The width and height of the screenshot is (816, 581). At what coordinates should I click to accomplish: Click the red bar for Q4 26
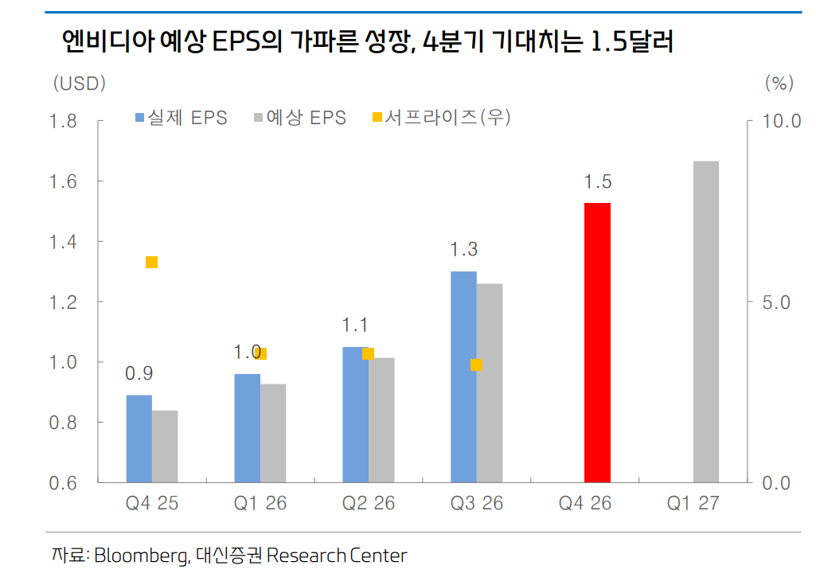click(597, 342)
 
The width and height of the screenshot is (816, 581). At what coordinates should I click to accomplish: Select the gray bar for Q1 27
click(705, 322)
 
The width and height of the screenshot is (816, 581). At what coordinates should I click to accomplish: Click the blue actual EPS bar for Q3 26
click(463, 376)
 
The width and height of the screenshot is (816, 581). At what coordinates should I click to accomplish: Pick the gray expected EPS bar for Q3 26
click(490, 383)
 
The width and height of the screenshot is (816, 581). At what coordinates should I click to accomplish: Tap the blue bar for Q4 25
click(139, 439)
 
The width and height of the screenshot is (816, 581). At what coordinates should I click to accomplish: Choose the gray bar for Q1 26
click(273, 433)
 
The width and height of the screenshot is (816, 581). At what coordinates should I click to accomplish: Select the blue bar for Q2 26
click(355, 414)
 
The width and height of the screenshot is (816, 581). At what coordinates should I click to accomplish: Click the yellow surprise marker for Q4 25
click(151, 263)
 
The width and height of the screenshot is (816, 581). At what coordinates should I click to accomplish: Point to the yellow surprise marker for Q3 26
click(476, 365)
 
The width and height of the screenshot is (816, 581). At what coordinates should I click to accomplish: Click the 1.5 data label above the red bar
click(597, 182)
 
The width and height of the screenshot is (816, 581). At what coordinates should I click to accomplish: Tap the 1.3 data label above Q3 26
click(463, 250)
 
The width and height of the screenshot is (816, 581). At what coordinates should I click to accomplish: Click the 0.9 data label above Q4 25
click(139, 373)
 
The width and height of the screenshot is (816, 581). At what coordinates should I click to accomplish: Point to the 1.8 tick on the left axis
click(63, 122)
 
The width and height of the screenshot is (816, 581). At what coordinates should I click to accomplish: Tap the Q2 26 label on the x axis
click(369, 504)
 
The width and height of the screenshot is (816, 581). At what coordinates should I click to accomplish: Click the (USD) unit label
click(79, 83)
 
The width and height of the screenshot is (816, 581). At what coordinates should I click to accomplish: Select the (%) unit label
click(779, 83)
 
